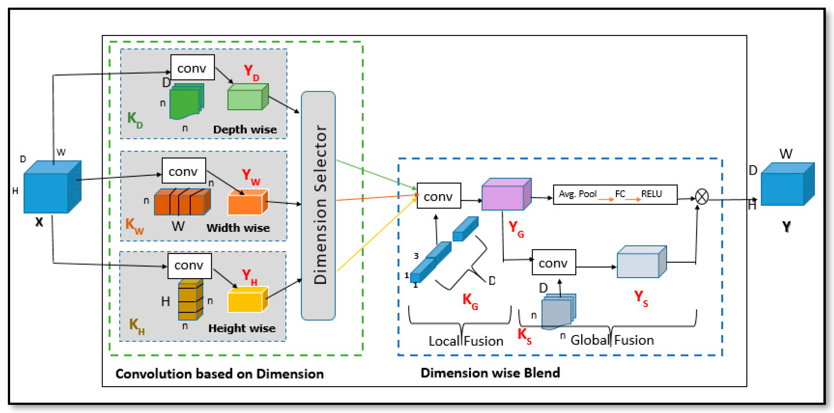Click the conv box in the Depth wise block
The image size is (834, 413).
[x=192, y=68]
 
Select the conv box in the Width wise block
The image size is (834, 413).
[x=184, y=171]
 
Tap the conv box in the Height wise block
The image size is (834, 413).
[x=189, y=266]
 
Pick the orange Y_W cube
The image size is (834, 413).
[x=248, y=203]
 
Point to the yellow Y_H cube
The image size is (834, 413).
[x=248, y=300]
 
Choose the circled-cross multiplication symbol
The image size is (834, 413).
[x=702, y=197]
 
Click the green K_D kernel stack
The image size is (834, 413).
[x=186, y=101]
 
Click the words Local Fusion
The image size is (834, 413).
[x=466, y=341]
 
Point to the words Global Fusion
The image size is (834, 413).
[x=612, y=340]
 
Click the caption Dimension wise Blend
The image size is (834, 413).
[x=490, y=373]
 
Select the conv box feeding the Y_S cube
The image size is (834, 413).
[x=554, y=262]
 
